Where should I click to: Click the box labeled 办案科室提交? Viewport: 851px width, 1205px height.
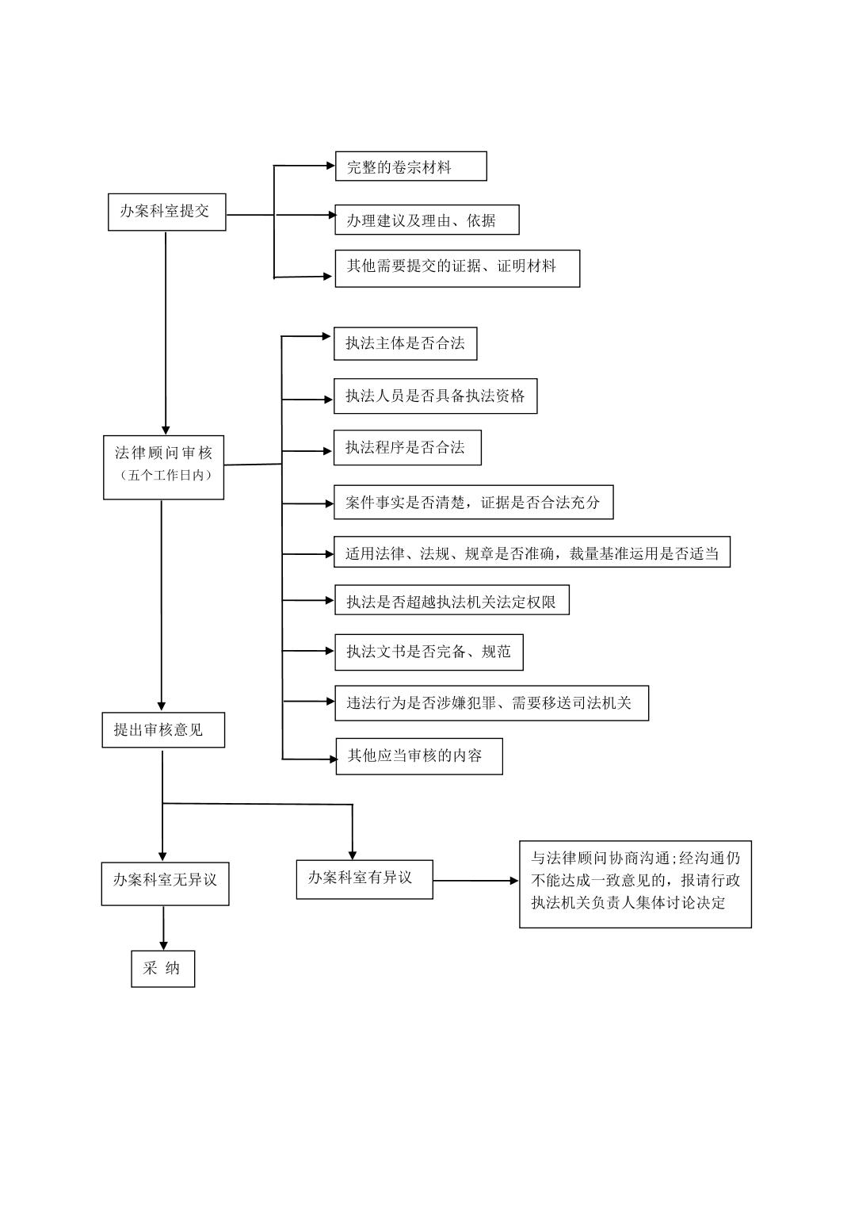tap(166, 212)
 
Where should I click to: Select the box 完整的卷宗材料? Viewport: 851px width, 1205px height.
tap(410, 166)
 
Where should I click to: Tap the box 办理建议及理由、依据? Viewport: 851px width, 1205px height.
tap(427, 220)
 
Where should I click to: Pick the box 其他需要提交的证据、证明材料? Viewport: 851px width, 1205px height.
tap(457, 268)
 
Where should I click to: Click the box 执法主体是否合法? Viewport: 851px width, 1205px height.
tap(405, 344)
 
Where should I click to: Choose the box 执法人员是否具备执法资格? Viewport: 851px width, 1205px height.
tap(435, 396)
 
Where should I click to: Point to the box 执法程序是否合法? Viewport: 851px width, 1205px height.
tap(407, 448)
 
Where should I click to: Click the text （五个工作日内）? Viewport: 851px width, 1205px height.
tap(164, 476)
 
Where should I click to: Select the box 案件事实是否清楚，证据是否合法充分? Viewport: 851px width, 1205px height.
tap(473, 503)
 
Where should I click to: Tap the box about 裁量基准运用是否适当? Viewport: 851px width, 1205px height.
tap(532, 553)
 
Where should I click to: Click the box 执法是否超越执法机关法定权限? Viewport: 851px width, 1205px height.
tap(451, 601)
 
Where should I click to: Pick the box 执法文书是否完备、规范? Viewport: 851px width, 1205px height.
tap(429, 652)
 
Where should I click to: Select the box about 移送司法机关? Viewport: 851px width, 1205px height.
tap(491, 703)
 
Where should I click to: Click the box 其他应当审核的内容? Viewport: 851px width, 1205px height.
tap(419, 756)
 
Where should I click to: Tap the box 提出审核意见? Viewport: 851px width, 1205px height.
tap(163, 730)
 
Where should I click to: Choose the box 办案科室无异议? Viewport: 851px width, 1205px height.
tap(165, 883)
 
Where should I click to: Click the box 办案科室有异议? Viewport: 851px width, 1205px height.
tap(364, 879)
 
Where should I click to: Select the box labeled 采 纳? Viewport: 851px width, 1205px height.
tap(162, 969)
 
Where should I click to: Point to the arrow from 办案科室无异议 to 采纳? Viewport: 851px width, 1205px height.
tap(164, 928)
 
